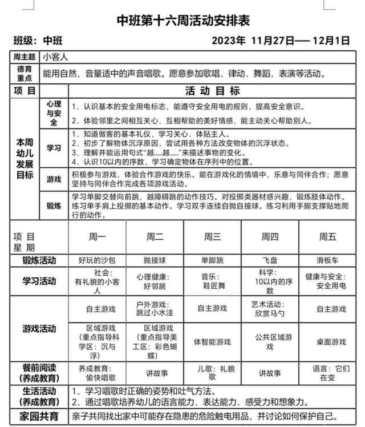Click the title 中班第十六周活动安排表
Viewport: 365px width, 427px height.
click(x=183, y=21)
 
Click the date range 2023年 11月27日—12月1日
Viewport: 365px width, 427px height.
click(x=280, y=41)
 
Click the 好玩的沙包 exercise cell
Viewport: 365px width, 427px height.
click(x=97, y=260)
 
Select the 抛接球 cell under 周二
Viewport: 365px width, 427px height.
click(x=155, y=260)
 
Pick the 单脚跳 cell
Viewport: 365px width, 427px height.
click(x=212, y=260)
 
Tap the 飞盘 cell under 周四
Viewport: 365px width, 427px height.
click(x=270, y=260)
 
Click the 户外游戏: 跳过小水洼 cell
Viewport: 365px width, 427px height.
click(x=155, y=308)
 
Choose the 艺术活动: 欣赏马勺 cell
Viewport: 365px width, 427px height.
click(x=270, y=308)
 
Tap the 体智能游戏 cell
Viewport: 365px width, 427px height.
click(x=212, y=342)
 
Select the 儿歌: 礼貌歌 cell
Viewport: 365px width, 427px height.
click(x=212, y=373)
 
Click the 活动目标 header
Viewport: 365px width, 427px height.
click(x=212, y=90)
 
